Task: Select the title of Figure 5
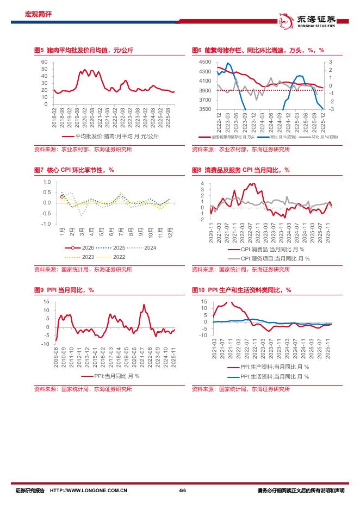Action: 83,50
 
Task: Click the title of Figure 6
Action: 258,50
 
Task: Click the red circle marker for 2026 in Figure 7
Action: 62,196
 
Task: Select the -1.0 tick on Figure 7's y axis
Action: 46,224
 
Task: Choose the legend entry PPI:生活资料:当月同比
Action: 266,376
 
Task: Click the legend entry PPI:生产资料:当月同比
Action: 266,367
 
